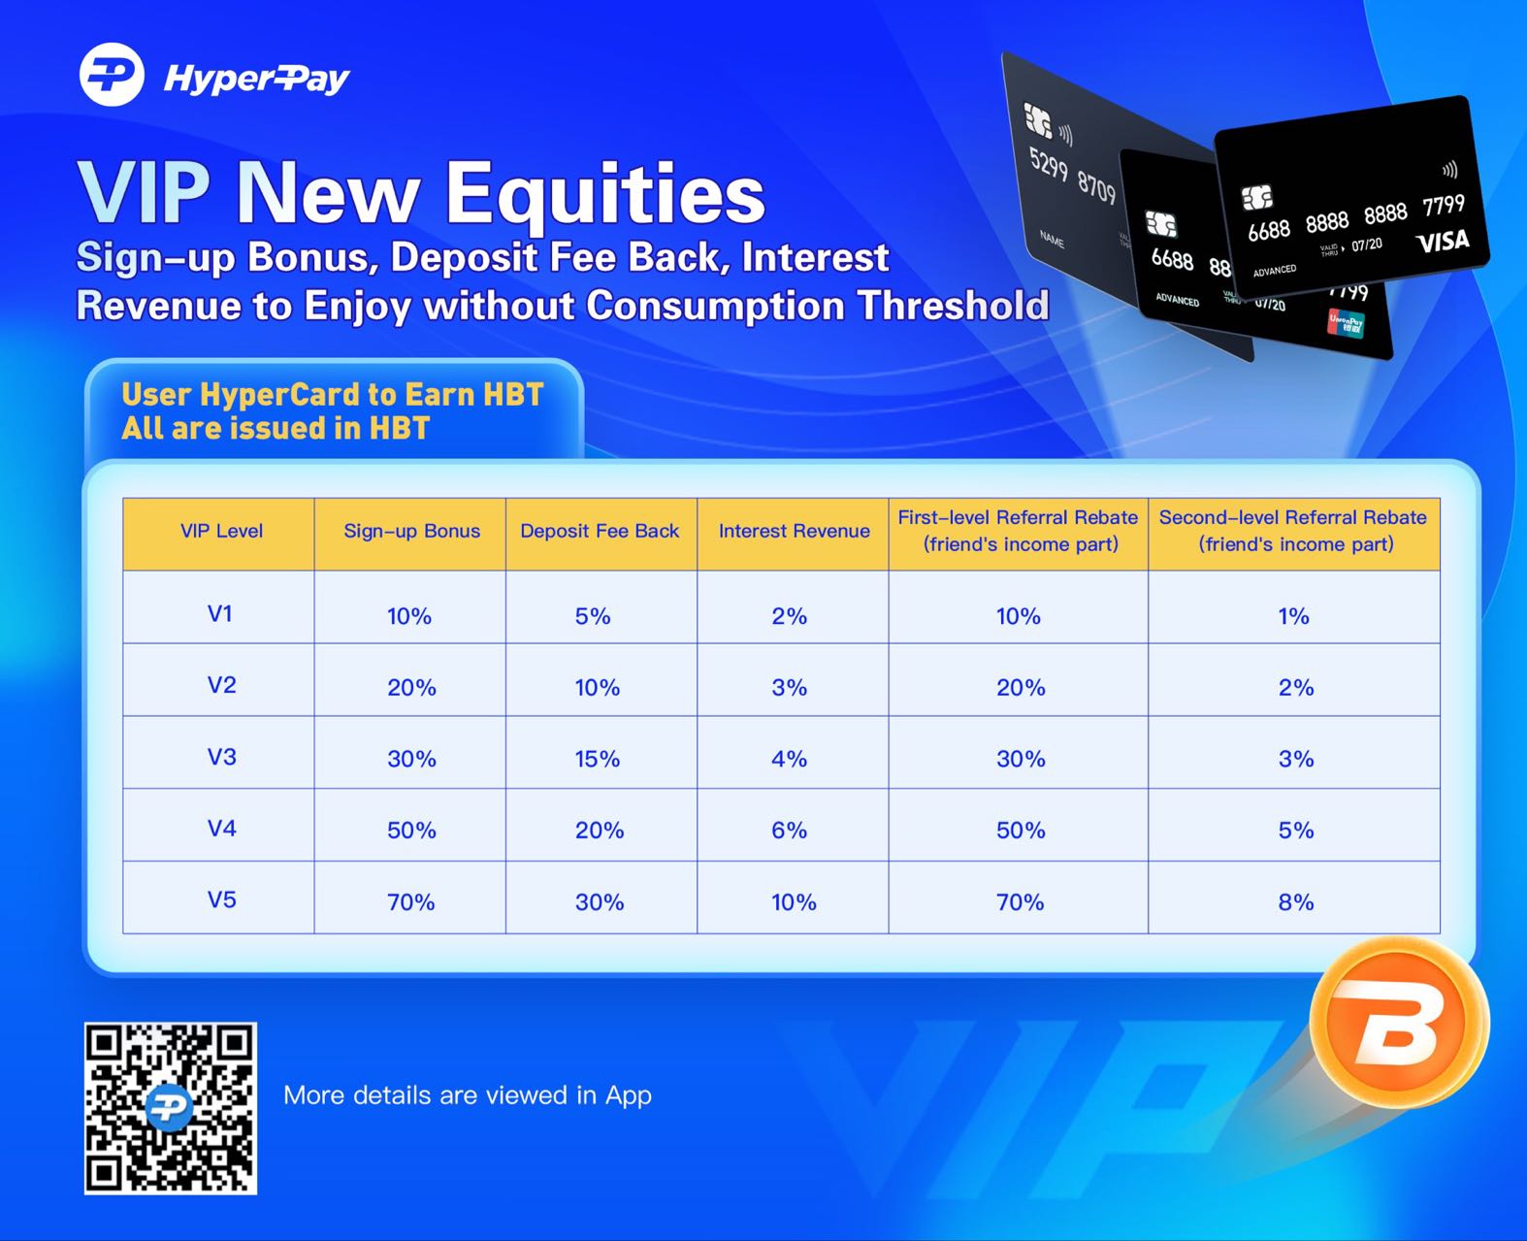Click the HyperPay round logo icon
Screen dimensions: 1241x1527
pos(112,75)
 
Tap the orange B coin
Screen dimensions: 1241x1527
pos(1398,1025)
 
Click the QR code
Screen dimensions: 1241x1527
pos(171,1107)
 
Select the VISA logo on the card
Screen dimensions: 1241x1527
pos(1443,241)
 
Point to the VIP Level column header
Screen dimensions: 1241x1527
pos(221,531)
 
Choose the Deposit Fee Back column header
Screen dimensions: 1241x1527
pos(600,531)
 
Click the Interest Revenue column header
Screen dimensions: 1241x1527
pos(794,531)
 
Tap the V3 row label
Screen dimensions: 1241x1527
pos(221,757)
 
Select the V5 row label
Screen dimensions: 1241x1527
pos(221,899)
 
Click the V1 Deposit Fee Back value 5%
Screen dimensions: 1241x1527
pos(593,616)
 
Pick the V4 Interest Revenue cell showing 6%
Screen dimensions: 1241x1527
pos(789,831)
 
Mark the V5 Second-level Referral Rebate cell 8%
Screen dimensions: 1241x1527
pos(1295,902)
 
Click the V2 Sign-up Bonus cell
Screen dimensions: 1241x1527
pos(411,688)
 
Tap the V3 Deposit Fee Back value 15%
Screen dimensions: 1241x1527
pos(597,759)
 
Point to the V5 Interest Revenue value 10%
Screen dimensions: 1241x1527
pos(794,902)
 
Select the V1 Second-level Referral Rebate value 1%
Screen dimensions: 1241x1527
pos(1293,616)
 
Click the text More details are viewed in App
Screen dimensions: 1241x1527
pos(468,1095)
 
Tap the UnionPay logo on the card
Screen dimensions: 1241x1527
pos(1346,323)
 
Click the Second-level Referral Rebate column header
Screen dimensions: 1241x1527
pos(1293,531)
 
